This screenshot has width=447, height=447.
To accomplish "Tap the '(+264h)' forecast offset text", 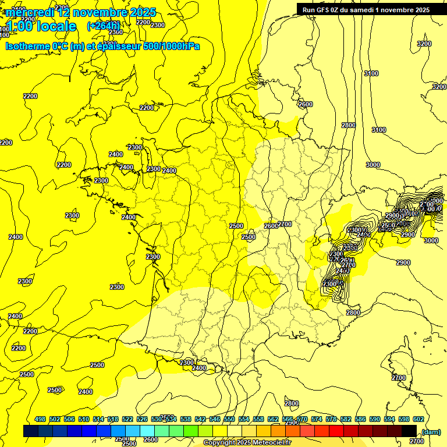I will pyautogui.click(x=104, y=26).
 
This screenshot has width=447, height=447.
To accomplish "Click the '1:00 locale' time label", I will pyautogui.click(x=41, y=26).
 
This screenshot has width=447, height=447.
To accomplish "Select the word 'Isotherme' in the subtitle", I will pyautogui.click(x=27, y=46).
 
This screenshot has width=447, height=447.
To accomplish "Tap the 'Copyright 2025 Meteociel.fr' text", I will pyautogui.click(x=247, y=443).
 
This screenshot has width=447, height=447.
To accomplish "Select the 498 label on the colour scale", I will pyautogui.click(x=40, y=420).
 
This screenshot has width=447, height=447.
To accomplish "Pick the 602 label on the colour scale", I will pyautogui.click(x=418, y=420).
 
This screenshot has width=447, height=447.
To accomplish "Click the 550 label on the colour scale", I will pyautogui.click(x=229, y=420).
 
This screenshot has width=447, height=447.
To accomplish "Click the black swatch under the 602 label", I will pyautogui.click(x=409, y=431).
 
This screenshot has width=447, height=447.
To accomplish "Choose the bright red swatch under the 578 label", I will pyautogui.click(x=336, y=431).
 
